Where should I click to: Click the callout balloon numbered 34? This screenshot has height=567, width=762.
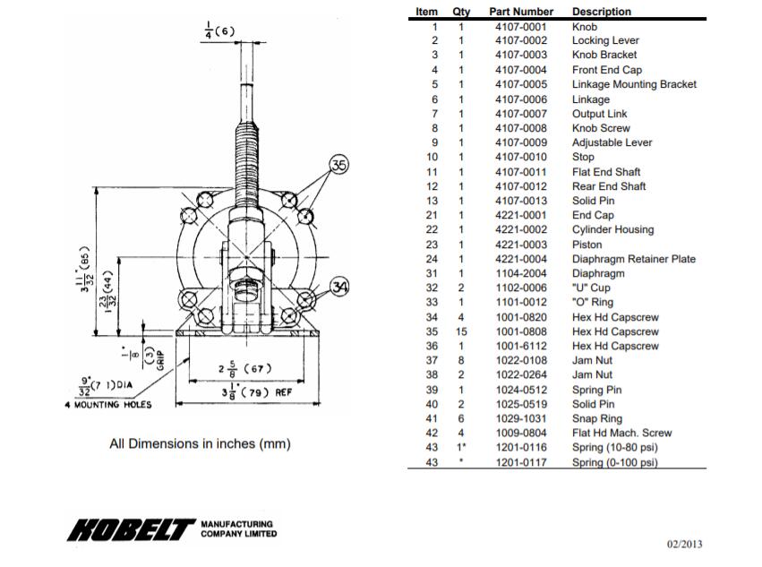coord(339,287)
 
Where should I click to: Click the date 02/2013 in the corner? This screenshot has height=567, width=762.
coord(685,543)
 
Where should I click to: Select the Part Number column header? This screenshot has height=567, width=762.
coord(521,12)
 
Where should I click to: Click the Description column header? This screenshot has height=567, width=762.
coord(602,12)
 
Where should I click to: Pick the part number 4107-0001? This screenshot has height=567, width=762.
coord(520,27)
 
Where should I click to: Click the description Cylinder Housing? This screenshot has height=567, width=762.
coord(613,230)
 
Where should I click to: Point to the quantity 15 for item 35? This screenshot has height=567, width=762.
coord(461,332)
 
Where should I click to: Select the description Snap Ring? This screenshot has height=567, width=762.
coord(597,419)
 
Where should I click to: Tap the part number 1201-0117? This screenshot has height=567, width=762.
coord(520,462)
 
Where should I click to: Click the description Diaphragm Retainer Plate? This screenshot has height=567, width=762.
coord(634,259)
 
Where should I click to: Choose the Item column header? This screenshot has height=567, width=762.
coord(427,12)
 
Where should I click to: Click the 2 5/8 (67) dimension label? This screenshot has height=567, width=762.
coord(244,368)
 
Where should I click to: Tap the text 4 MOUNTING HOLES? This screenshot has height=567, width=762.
coord(108,404)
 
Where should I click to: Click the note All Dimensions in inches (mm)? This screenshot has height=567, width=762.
coord(200,443)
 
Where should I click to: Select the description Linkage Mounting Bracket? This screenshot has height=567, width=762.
coord(634,84)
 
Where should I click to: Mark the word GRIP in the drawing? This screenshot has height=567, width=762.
coord(162,359)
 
